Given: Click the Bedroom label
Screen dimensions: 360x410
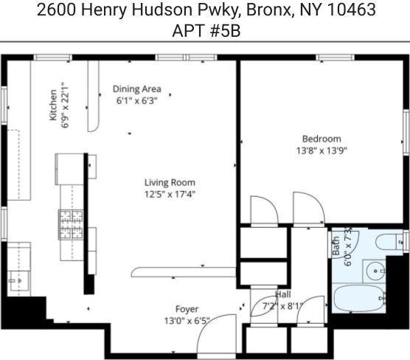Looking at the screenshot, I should pos(322,139).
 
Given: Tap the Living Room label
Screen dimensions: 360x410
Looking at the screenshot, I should pos(170,183).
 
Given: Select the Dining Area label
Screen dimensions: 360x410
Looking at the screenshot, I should pos(136,89).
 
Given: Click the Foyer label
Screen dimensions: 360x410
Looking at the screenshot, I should pos(187,309).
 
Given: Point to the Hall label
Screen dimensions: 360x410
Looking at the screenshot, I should pos(282,294).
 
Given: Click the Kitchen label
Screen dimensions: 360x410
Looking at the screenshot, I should pos(53,105).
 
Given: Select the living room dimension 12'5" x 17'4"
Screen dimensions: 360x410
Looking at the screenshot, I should pos(170,195).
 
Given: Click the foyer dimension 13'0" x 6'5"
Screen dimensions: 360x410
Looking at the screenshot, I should pos(187,321).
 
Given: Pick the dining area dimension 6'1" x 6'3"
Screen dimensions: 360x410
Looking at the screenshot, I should pos(136,101).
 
